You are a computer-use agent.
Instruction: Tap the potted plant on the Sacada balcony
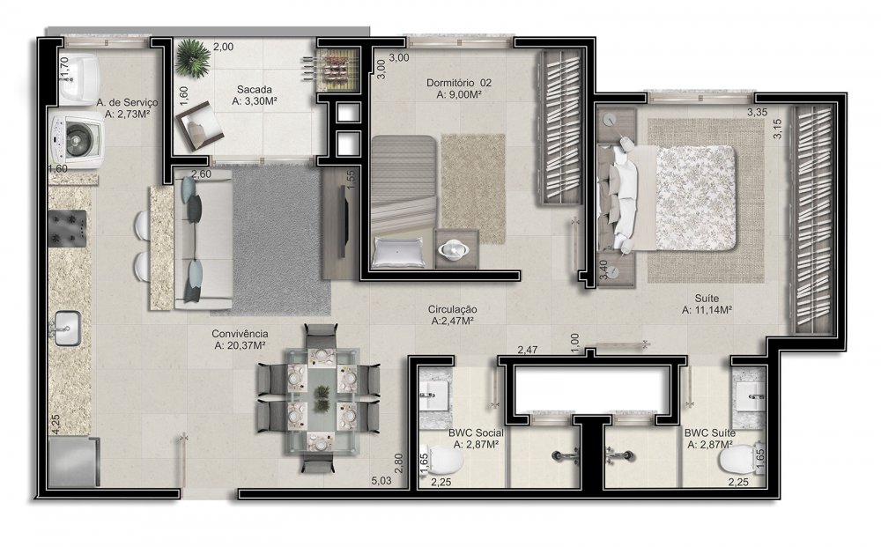[x=192, y=57]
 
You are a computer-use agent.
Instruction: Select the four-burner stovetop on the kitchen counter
[x=68, y=228]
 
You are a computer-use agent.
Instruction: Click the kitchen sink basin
[x=68, y=328]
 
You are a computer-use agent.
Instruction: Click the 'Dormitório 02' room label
[x=458, y=83]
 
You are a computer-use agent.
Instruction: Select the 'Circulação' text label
[x=452, y=309]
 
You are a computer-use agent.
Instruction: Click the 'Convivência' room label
[x=240, y=334]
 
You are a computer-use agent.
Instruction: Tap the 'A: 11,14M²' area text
[x=707, y=310]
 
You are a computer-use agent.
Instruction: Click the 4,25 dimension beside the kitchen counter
[x=56, y=424]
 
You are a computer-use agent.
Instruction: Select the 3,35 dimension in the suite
[x=757, y=113]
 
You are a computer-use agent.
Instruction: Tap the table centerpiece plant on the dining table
[x=322, y=397]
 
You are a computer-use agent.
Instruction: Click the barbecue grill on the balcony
[x=336, y=71]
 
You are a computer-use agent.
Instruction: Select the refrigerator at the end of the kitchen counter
[x=74, y=462]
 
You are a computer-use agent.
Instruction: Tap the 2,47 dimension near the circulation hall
[x=528, y=350]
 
